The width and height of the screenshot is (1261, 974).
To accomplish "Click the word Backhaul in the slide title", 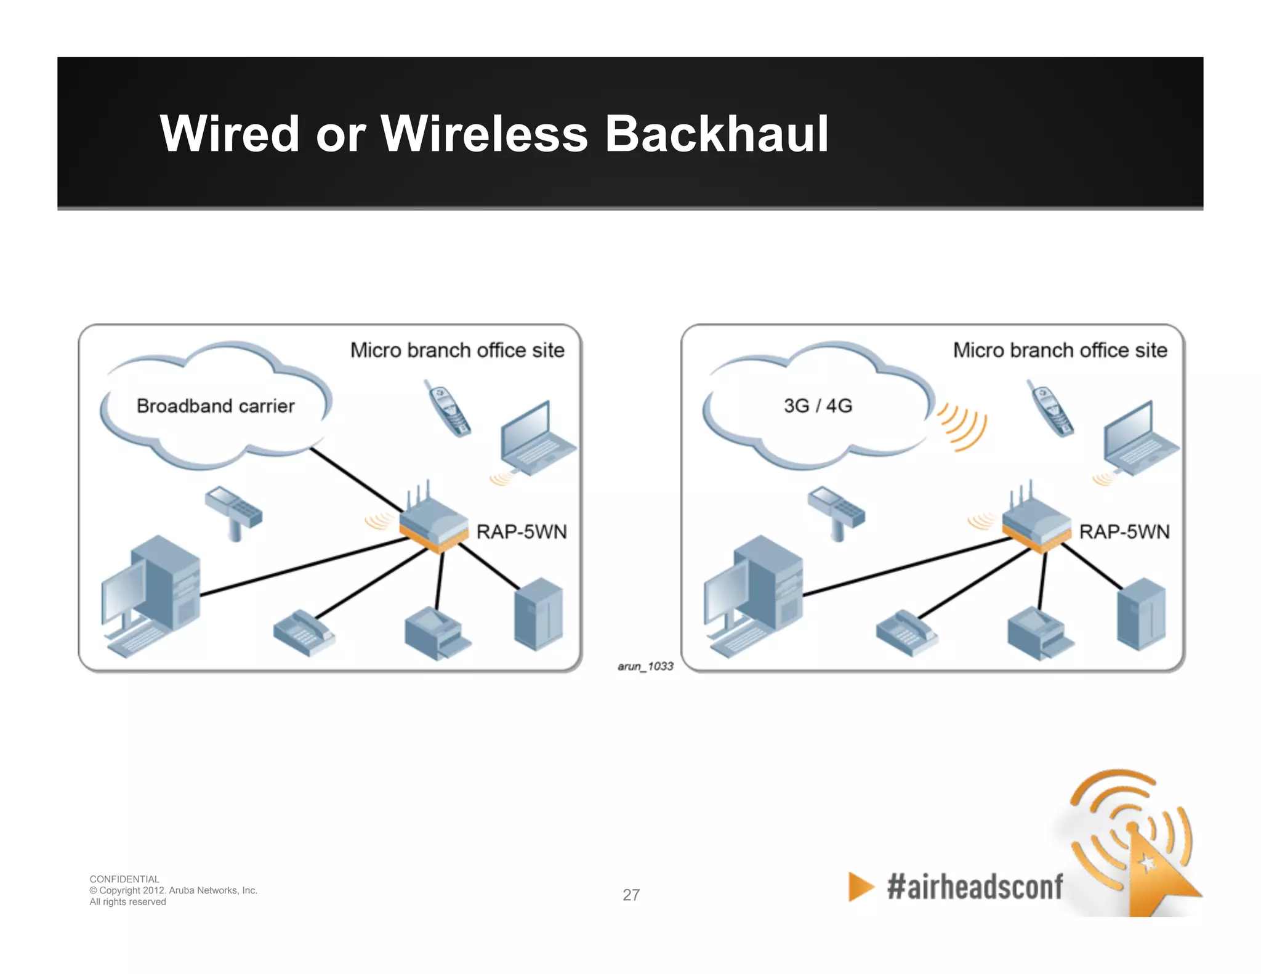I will pos(716,134).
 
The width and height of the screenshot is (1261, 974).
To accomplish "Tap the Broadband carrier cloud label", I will pos(216,406).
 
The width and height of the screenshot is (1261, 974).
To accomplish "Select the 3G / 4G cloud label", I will pos(818,406).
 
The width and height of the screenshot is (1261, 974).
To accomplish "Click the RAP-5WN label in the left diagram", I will pos(522,531).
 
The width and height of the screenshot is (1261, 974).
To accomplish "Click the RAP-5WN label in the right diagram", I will pos(1124,531).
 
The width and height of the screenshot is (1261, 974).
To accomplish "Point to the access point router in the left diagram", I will pos(433,524).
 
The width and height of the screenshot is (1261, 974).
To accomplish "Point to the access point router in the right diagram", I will pos(1036,524).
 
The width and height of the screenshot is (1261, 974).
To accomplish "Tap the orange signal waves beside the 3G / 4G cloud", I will pos(962,427).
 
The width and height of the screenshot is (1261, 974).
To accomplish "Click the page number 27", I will pos(631,895).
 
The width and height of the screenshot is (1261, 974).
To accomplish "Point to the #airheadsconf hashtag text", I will pos(975,887).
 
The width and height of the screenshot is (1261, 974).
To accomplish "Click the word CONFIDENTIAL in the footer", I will pos(124,879).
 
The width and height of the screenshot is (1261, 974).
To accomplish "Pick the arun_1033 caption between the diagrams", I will pos(645,666).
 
